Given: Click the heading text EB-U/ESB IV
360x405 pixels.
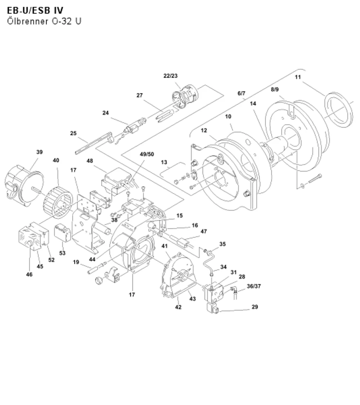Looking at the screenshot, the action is [35, 10].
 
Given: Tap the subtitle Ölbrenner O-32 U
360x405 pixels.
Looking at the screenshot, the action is [44, 21].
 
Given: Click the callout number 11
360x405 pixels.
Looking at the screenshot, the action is [298, 77].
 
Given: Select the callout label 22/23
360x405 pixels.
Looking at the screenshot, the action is [171, 76].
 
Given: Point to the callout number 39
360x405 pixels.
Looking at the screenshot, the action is [40, 152].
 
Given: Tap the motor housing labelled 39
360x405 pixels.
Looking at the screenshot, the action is [24, 185].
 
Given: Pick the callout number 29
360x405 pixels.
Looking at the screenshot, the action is [255, 307].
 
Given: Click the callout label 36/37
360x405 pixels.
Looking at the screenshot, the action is [254, 286].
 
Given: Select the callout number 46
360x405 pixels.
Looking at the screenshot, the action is [29, 274].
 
